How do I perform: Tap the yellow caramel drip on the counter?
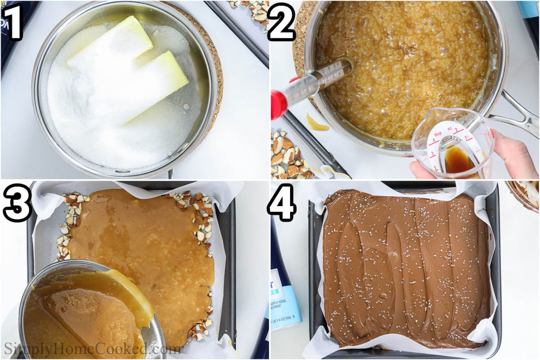(317, 124)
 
